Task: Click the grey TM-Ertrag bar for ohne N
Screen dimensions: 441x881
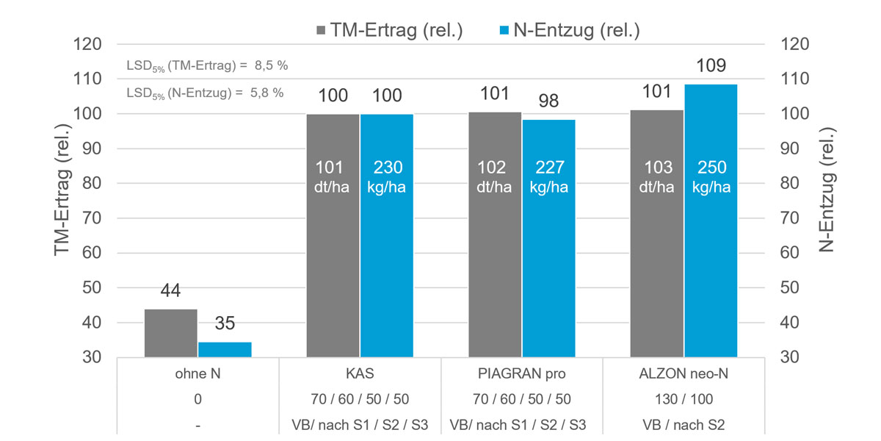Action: (x=171, y=334)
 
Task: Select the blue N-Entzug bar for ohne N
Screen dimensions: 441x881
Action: (x=225, y=350)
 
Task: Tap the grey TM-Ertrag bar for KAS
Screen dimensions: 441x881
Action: (x=333, y=235)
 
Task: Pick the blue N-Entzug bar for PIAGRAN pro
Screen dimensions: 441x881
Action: (x=548, y=238)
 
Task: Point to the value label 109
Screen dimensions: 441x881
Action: (x=711, y=66)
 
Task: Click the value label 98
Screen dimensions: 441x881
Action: (x=548, y=101)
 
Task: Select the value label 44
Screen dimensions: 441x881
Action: (x=171, y=291)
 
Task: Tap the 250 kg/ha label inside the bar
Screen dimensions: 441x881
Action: (x=711, y=177)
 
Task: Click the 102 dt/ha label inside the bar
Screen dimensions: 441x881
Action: (x=494, y=177)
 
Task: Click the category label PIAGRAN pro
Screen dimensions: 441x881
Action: (x=522, y=373)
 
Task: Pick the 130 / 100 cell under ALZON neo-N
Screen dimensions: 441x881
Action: (x=684, y=399)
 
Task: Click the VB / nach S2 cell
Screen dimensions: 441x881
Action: (x=684, y=425)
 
